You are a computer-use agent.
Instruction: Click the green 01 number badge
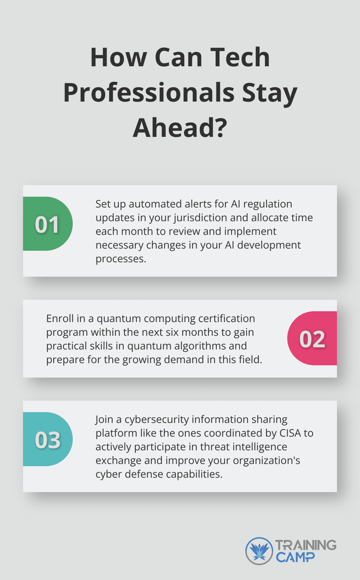point(47,224)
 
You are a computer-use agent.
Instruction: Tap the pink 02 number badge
point(312,339)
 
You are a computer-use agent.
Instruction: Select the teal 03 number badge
point(47,440)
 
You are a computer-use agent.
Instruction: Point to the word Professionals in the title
point(149,93)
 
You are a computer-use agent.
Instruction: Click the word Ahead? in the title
point(180,128)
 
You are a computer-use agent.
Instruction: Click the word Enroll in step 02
point(60,318)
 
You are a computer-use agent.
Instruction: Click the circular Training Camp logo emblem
point(259,551)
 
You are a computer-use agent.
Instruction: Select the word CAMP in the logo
point(295,558)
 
